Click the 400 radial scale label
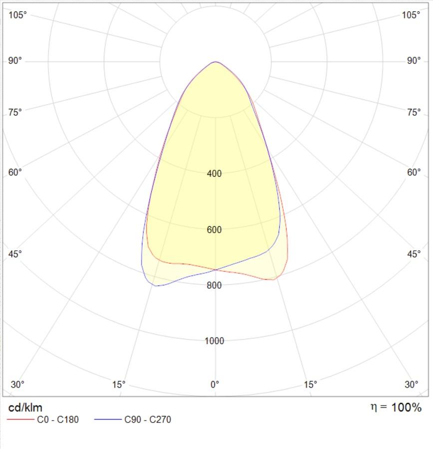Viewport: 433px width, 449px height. coord(214,174)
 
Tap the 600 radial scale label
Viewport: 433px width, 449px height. coord(214,230)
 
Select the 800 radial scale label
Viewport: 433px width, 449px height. coord(214,285)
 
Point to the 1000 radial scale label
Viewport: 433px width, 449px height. coord(214,341)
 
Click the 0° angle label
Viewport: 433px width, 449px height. coord(215,385)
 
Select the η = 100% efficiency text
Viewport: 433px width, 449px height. coord(396,407)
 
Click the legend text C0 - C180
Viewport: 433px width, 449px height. coord(58,420)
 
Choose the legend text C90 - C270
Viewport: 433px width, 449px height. coord(147,420)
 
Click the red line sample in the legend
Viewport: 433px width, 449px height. coord(20,420)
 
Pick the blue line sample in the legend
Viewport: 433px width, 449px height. coord(107,420)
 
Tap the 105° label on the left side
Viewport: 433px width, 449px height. coord(17,15)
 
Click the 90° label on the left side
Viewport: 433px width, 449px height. coord(15,61)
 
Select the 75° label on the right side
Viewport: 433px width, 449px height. coord(414,112)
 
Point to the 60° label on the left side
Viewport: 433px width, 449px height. coord(15,173)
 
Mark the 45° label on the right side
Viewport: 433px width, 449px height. coord(414,254)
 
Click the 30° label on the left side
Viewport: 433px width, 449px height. coord(17,385)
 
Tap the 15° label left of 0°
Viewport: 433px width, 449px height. coord(119,385)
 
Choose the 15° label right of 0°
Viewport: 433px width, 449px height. coord(311,385)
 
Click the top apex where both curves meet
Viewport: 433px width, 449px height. coord(215,62)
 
